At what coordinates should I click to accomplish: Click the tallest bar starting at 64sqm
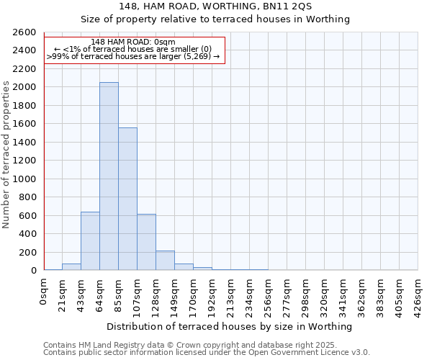(109, 176)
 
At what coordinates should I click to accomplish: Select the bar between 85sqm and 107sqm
(127, 199)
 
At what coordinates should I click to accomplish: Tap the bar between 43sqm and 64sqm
(90, 241)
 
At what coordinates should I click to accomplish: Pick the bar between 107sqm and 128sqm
(146, 242)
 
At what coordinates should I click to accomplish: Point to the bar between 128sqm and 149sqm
(165, 261)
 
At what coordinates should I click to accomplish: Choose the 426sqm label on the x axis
(418, 294)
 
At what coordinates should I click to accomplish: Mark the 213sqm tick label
(230, 294)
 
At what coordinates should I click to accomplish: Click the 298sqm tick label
(305, 294)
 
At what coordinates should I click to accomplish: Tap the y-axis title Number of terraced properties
(7, 155)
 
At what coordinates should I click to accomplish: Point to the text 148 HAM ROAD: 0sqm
(133, 42)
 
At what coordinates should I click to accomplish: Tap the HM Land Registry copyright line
(206, 345)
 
